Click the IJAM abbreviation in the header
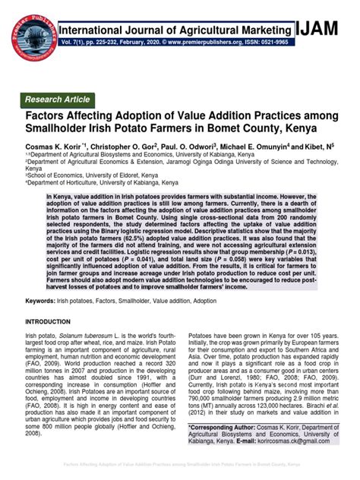[321, 30]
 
